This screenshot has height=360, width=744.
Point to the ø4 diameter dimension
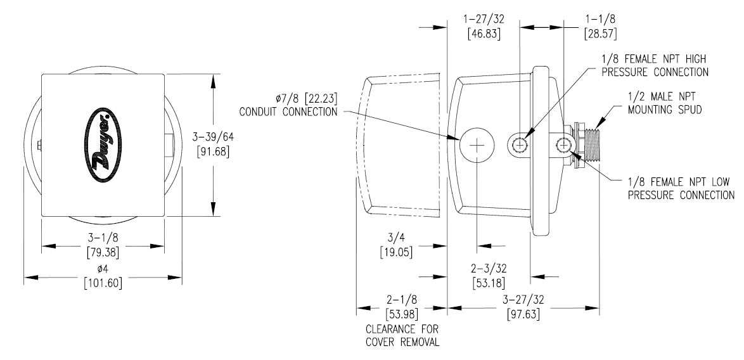103,269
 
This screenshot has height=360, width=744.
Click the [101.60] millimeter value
103,282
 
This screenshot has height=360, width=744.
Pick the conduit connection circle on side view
476,145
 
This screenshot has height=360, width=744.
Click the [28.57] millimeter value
600,33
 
